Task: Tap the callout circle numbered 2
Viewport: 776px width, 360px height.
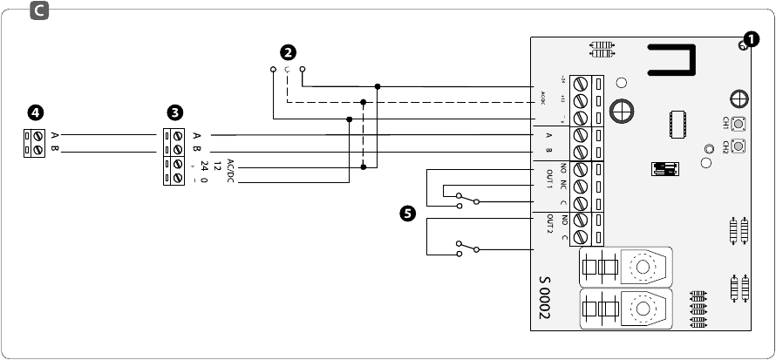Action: point(288,53)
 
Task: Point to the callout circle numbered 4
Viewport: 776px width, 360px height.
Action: point(35,112)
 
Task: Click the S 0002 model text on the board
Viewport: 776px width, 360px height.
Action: point(545,299)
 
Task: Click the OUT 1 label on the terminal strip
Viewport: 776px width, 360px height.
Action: point(550,178)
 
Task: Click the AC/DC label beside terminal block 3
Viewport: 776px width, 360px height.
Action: point(230,166)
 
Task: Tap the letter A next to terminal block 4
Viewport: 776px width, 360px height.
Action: point(54,136)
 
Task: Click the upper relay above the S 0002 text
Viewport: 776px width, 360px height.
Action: point(625,266)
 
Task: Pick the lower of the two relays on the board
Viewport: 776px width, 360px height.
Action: point(625,309)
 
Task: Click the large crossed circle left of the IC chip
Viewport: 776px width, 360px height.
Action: point(622,111)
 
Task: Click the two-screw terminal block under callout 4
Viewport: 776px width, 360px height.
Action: point(34,143)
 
